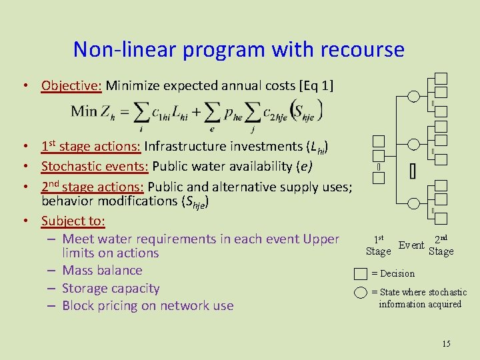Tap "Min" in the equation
pyautogui.click(x=84, y=110)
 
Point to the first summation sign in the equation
pyautogui.click(x=141, y=111)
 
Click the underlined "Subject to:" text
pyautogui.click(x=73, y=220)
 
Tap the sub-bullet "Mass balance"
pyautogui.click(x=102, y=270)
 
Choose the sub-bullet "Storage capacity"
pyautogui.click(x=111, y=288)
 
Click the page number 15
pyautogui.click(x=446, y=343)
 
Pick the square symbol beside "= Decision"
pyautogui.click(x=361, y=273)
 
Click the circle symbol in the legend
pyautogui.click(x=361, y=292)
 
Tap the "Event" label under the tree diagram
pyautogui.click(x=411, y=245)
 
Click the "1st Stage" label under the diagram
pyautogui.click(x=378, y=245)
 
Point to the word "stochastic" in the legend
pyautogui.click(x=443, y=292)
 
